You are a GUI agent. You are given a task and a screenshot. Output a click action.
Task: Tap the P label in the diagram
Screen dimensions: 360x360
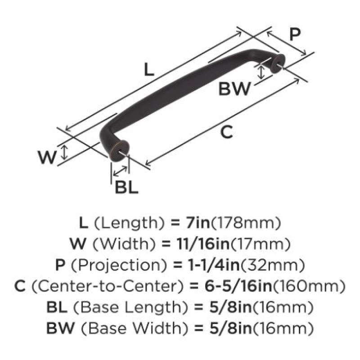tap(295, 34)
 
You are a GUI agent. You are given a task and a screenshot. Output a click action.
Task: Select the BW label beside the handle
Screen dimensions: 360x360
tap(234, 89)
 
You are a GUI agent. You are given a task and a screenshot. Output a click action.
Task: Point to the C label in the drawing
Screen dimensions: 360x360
tap(226, 132)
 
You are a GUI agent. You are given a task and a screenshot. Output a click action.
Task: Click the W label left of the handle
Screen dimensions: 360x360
tap(47, 157)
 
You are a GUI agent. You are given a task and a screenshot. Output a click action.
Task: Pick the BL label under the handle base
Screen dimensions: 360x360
tap(126, 187)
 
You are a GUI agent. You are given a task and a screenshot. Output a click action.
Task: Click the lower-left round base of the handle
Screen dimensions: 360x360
tap(119, 150)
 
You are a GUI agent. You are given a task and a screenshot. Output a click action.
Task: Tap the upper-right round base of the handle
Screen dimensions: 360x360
tap(278, 63)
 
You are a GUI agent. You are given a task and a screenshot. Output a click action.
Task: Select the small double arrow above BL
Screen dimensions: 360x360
tap(120, 171)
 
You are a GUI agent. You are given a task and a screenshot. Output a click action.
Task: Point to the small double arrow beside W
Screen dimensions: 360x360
tap(64, 153)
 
